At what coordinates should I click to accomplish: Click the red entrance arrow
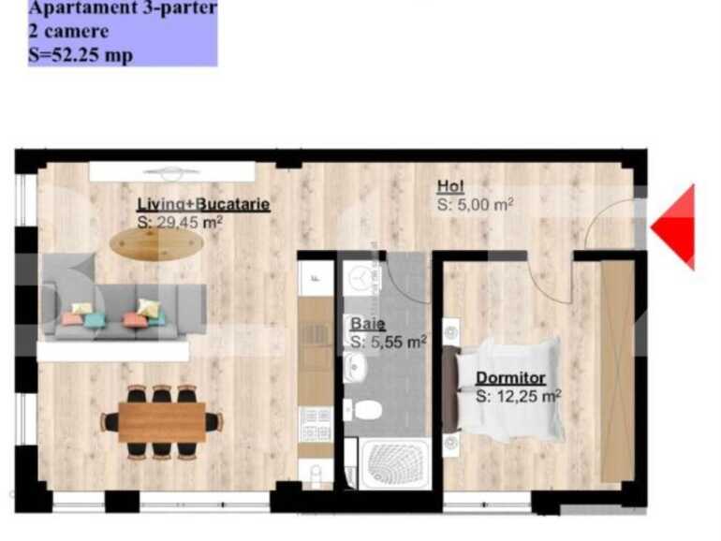pyautogui.click(x=676, y=227)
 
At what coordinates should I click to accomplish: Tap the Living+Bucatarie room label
pyautogui.click(x=203, y=203)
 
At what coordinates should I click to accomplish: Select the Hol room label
pyautogui.click(x=450, y=186)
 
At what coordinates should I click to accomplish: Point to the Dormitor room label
pyautogui.click(x=510, y=378)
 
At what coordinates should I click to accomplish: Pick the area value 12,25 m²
pyautogui.click(x=518, y=396)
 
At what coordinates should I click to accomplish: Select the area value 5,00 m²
pyautogui.click(x=475, y=204)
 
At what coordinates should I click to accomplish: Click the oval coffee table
pyautogui.click(x=156, y=243)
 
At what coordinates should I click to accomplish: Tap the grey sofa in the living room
pyautogui.click(x=122, y=311)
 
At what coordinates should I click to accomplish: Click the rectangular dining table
pyautogui.click(x=162, y=422)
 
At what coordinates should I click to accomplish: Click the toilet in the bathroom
pyautogui.click(x=364, y=410)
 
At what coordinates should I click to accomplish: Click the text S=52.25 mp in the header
pyautogui.click(x=81, y=54)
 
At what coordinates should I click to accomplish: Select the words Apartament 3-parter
pyautogui.click(x=123, y=8)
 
